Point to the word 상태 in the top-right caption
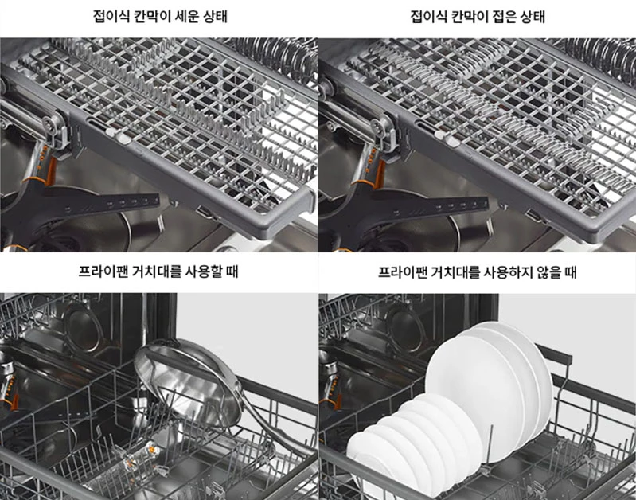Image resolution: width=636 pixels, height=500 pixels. point(533,16)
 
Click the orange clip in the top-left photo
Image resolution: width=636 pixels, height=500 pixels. point(51,170)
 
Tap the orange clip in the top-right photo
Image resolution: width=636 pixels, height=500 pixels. point(380,174)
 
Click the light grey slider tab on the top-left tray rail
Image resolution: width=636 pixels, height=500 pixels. point(115,135)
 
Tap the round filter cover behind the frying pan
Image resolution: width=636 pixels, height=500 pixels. point(83,326)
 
